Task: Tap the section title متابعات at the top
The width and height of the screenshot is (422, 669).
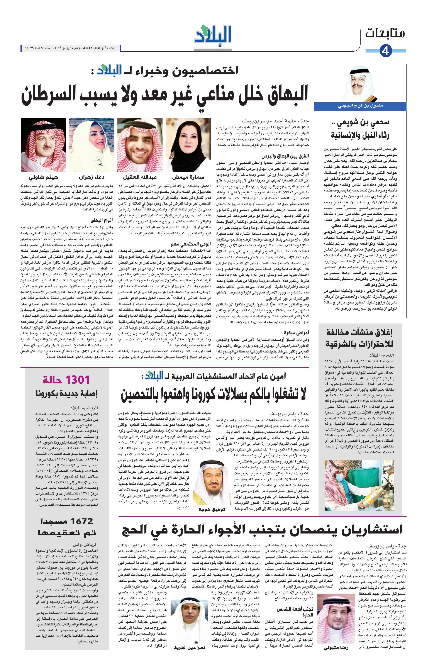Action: pos(385,34)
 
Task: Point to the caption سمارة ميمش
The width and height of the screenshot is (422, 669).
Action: pos(188,177)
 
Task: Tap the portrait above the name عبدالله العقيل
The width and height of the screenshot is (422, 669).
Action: pos(140,144)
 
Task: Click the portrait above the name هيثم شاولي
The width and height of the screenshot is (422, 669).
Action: pos(43,144)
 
